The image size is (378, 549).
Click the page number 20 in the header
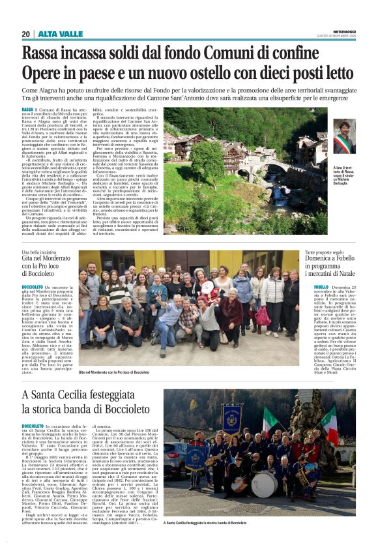26,34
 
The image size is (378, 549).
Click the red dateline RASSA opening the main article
27,110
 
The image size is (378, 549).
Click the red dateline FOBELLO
321,286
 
